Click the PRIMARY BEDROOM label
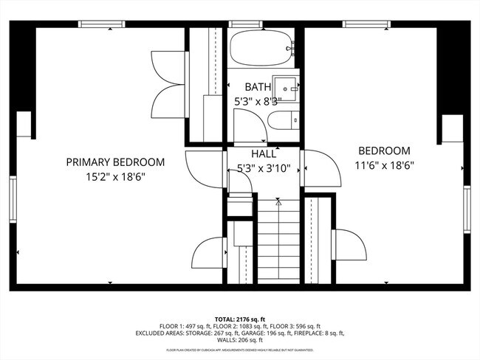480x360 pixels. (115, 162)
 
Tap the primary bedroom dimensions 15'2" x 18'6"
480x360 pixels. (115, 177)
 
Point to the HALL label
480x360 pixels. (264, 154)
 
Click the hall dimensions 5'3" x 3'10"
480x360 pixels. (264, 168)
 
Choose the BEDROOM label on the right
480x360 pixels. (384, 150)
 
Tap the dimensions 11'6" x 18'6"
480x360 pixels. (384, 165)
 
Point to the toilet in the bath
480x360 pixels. (282, 120)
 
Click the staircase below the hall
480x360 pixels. (278, 240)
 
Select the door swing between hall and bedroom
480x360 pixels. (322, 169)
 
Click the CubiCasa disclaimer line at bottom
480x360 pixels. (240, 350)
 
